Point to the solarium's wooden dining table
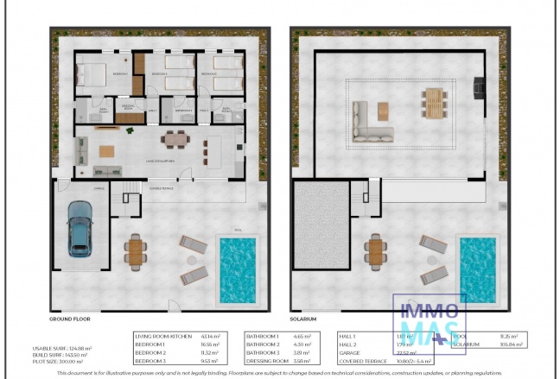pyautogui.click(x=432, y=102)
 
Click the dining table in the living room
pyautogui.click(x=175, y=138)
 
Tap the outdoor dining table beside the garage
pyautogui.click(x=134, y=251)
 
